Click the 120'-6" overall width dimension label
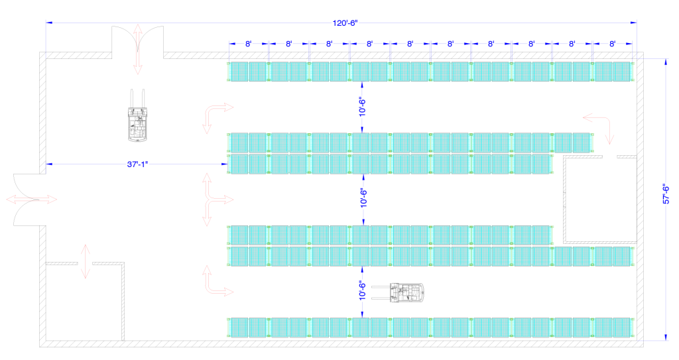coord(345,23)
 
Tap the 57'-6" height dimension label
coord(666,194)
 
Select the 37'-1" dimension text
coord(138,164)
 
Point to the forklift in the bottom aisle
coord(397,292)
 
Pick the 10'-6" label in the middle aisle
coord(364,198)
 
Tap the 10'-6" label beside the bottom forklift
coord(363,290)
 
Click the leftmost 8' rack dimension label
coord(249,44)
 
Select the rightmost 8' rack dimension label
coord(612,44)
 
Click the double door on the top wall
coord(138,42)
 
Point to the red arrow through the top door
coord(138,49)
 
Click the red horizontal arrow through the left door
coord(32,200)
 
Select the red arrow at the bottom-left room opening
coord(86,261)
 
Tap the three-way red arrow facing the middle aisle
coord(217,200)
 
